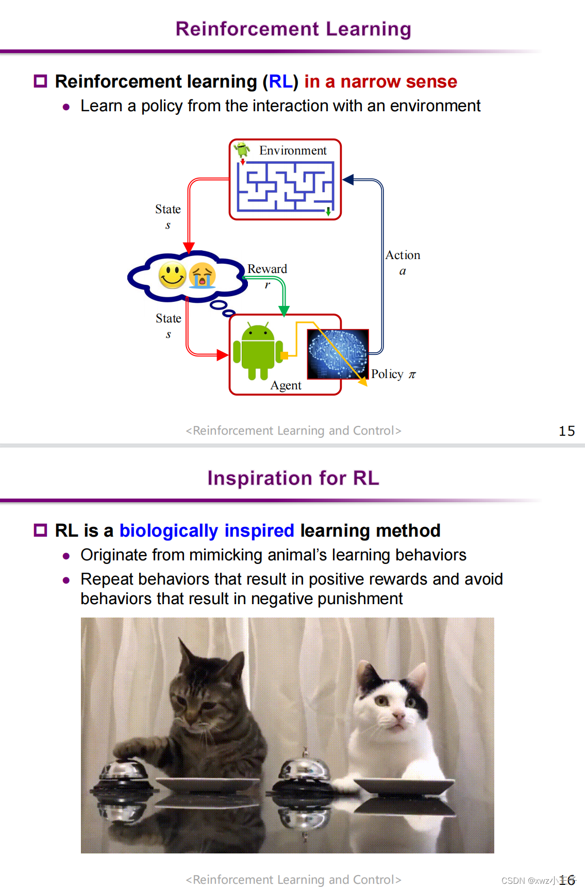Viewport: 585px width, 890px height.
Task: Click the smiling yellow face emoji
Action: point(172,275)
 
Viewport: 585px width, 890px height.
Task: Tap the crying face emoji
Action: point(202,276)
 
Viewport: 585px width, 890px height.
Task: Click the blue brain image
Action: point(338,354)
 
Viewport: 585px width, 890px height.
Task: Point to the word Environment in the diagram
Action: point(293,150)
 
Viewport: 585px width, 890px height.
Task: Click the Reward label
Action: point(267,269)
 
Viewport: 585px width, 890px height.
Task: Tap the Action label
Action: point(403,255)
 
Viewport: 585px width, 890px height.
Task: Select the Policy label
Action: point(387,374)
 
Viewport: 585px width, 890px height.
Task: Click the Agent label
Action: point(286,385)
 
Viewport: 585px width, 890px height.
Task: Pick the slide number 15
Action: point(566,431)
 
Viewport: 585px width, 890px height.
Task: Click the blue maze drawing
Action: point(285,186)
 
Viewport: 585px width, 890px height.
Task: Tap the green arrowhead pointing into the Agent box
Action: point(283,311)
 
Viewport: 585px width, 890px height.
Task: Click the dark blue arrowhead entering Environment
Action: point(348,180)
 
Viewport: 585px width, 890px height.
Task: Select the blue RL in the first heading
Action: point(280,82)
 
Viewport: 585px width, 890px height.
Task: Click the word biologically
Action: point(169,530)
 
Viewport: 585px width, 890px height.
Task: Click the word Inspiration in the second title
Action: point(259,478)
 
